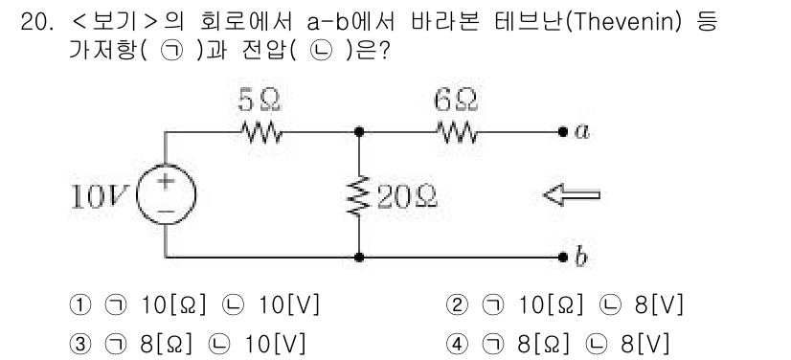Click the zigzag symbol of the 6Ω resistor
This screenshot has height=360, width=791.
(x=456, y=132)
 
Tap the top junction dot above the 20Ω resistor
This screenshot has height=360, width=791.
(x=358, y=132)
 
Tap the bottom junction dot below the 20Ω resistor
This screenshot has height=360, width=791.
(x=358, y=257)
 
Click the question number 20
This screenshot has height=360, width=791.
(x=34, y=20)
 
